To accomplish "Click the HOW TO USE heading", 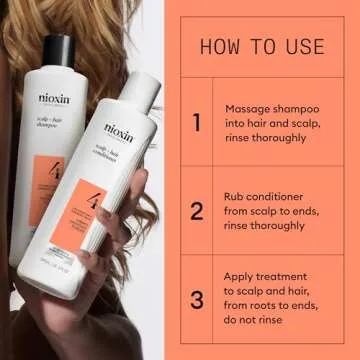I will [x=262, y=46].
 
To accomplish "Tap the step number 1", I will [x=197, y=122].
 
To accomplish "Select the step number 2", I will [x=197, y=211].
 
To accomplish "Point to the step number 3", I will [x=197, y=300].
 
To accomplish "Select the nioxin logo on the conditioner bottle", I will [x=118, y=131].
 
